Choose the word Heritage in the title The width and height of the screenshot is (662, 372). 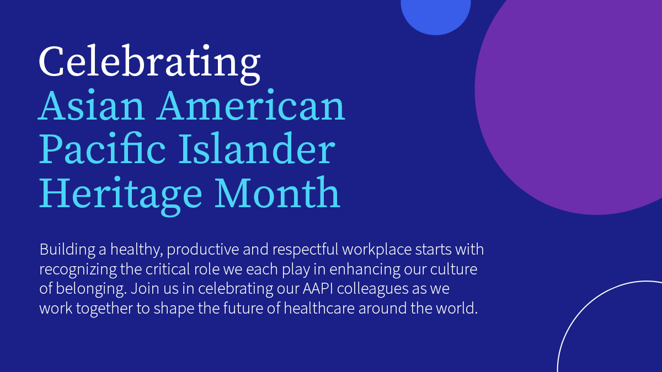pos(121,196)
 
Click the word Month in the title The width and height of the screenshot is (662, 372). pos(277,192)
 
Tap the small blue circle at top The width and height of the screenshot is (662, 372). pos(436,15)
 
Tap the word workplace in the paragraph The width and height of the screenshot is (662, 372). pos(377,250)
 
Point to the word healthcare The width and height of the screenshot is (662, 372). pos(319,308)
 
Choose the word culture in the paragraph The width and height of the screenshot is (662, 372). pos(453,269)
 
